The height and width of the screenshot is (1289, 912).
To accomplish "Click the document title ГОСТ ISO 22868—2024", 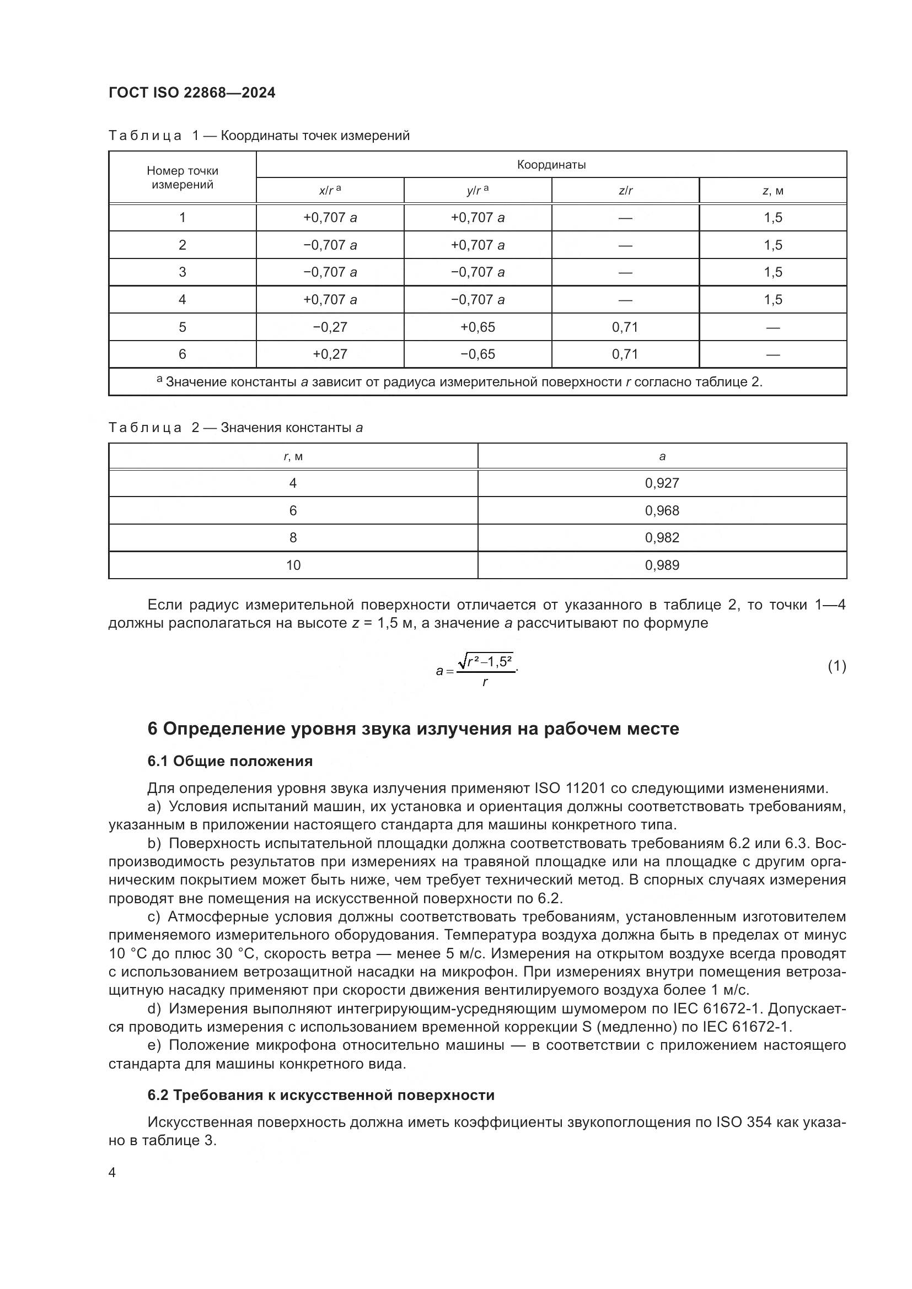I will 192,93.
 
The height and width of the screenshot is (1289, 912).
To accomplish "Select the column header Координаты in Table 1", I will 551,164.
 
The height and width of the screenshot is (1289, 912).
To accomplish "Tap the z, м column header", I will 772,191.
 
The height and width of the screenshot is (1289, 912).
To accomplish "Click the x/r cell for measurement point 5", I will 330,327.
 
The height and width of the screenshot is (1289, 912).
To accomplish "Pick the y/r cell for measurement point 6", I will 478,354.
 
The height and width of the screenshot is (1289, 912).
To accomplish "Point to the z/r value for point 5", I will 625,327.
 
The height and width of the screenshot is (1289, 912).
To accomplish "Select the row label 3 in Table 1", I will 182,272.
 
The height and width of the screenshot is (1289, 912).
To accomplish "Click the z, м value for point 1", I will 772,218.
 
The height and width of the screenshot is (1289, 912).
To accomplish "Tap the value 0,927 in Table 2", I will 662,483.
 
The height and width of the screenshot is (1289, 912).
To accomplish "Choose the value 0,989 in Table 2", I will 662,565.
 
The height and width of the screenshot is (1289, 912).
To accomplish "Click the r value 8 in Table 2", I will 293,538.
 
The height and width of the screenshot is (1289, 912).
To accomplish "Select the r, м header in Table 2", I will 293,456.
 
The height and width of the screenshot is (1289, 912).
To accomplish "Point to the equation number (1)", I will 836,666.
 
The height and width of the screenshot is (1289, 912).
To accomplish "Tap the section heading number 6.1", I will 158,761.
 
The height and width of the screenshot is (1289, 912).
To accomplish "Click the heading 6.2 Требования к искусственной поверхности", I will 321,1096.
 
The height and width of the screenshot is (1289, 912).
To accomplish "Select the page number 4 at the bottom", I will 112,1173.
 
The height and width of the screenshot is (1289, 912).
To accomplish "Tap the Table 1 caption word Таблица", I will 145,136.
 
